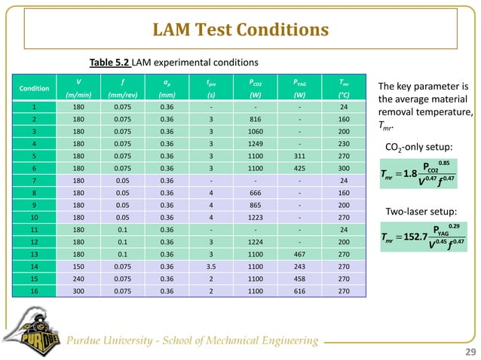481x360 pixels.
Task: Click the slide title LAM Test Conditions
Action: pyautogui.click(x=240, y=31)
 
